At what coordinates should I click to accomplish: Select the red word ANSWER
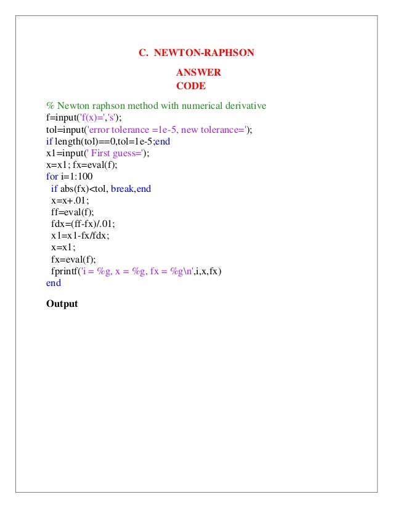point(198,73)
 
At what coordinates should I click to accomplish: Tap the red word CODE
point(191,86)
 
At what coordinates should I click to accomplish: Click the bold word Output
point(62,303)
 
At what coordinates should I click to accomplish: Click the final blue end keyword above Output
point(54,283)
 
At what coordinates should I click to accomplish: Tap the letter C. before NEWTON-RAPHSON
point(144,53)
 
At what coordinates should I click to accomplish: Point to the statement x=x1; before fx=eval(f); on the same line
point(59,165)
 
